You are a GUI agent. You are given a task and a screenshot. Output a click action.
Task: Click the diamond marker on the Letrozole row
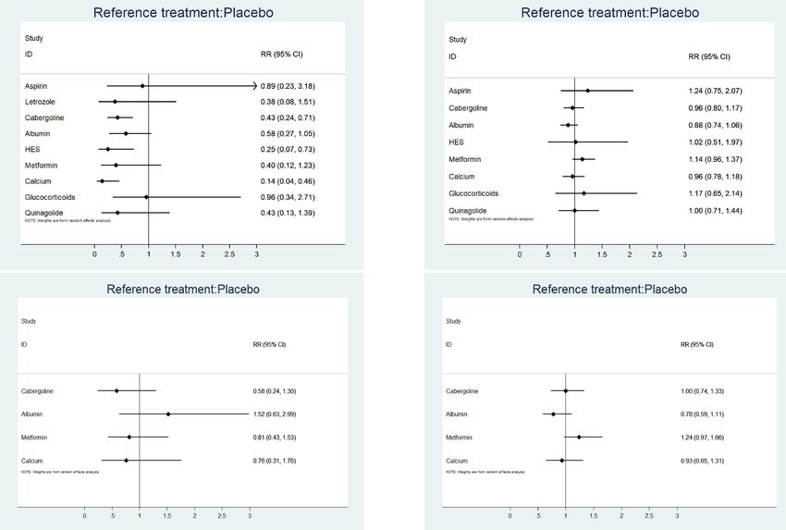click(x=115, y=102)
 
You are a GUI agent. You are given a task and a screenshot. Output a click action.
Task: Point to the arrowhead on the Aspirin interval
click(x=254, y=86)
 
